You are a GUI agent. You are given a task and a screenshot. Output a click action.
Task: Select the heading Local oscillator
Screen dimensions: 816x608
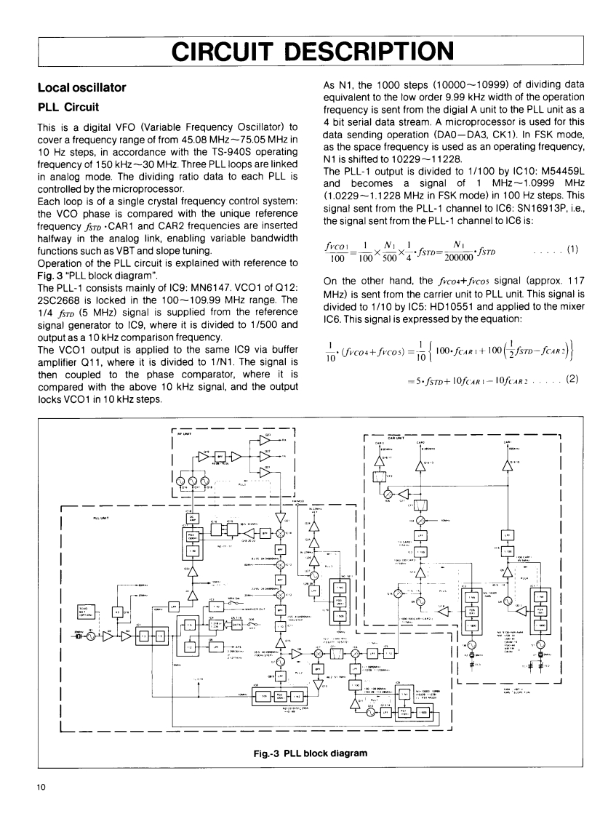(x=82, y=88)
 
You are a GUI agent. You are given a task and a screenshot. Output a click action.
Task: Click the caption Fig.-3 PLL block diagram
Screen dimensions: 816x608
(x=304, y=752)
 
